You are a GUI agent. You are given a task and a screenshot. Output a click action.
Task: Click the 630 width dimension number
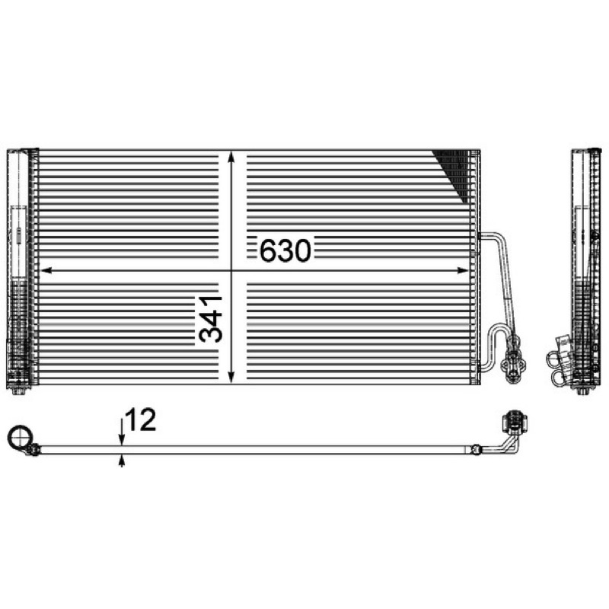285,250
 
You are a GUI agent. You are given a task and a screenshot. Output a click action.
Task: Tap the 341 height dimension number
210,319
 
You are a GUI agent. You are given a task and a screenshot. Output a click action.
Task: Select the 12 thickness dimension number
141,419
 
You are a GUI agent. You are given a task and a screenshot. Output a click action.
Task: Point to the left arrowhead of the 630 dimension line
46,270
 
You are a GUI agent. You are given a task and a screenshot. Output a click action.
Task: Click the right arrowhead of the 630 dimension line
464,270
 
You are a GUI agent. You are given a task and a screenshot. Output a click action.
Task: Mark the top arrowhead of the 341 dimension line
231,158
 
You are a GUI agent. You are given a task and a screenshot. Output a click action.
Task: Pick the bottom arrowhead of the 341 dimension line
231,377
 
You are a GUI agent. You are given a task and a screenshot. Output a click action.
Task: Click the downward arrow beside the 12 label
122,432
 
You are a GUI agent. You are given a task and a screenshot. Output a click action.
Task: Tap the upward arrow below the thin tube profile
122,461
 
